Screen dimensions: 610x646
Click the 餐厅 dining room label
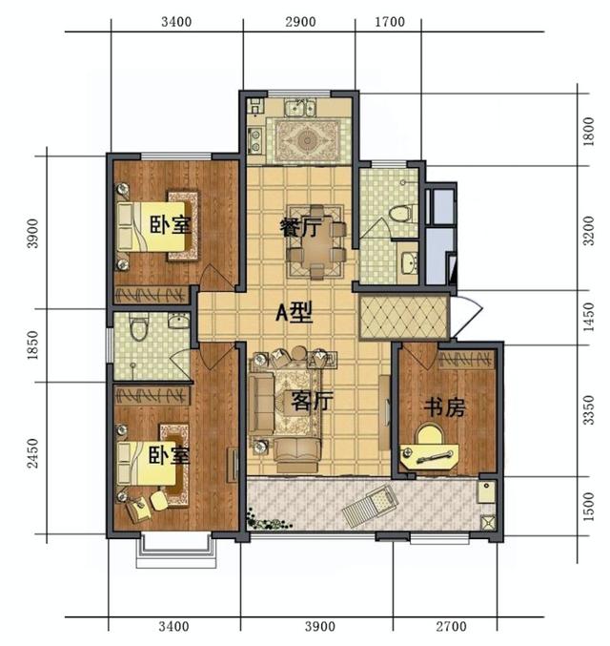click(x=299, y=227)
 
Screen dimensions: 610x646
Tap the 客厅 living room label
click(x=312, y=401)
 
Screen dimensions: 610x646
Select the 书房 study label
click(x=444, y=407)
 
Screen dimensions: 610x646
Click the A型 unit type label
click(x=294, y=312)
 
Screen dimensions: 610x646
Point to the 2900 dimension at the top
click(x=300, y=22)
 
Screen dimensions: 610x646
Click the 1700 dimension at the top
click(x=390, y=22)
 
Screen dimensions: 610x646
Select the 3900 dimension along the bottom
click(x=320, y=627)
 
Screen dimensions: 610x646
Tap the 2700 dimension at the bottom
click(x=451, y=627)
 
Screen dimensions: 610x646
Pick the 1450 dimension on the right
click(x=589, y=317)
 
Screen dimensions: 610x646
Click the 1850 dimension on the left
click(x=32, y=345)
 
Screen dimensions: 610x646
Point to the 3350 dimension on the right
click(x=589, y=410)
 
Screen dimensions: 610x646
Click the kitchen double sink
click(x=301, y=108)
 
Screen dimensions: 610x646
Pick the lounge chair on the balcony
click(x=371, y=505)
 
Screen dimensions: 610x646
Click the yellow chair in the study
click(x=430, y=434)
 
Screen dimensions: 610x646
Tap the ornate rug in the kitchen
click(x=307, y=141)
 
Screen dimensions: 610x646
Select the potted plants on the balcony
click(x=268, y=521)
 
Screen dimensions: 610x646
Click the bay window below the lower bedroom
click(x=176, y=551)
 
